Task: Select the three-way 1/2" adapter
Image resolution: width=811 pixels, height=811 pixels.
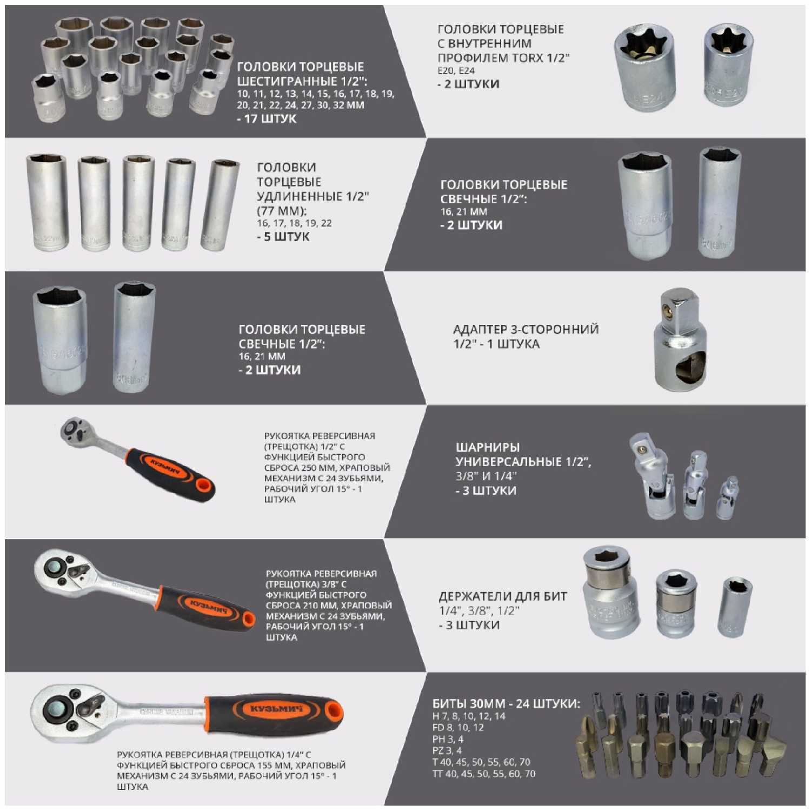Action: (680, 340)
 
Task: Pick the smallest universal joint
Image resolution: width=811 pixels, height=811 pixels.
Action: (727, 498)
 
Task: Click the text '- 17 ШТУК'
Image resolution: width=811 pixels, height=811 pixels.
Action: (267, 119)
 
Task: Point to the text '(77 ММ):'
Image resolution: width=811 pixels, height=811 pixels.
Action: (282, 210)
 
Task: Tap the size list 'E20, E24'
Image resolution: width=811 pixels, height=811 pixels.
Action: (456, 71)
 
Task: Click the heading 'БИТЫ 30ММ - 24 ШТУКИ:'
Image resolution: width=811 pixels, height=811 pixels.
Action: (506, 703)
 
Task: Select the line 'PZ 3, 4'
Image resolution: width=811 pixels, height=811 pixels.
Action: (447, 750)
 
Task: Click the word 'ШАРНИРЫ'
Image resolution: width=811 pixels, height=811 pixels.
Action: (488, 447)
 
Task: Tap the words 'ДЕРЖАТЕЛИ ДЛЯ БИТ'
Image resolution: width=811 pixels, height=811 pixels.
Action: (503, 596)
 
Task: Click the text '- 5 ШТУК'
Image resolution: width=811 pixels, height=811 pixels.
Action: (283, 237)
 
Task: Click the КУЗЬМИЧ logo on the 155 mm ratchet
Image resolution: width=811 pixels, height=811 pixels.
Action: (272, 708)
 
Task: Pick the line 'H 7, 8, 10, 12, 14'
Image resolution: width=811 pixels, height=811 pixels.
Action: (469, 716)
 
